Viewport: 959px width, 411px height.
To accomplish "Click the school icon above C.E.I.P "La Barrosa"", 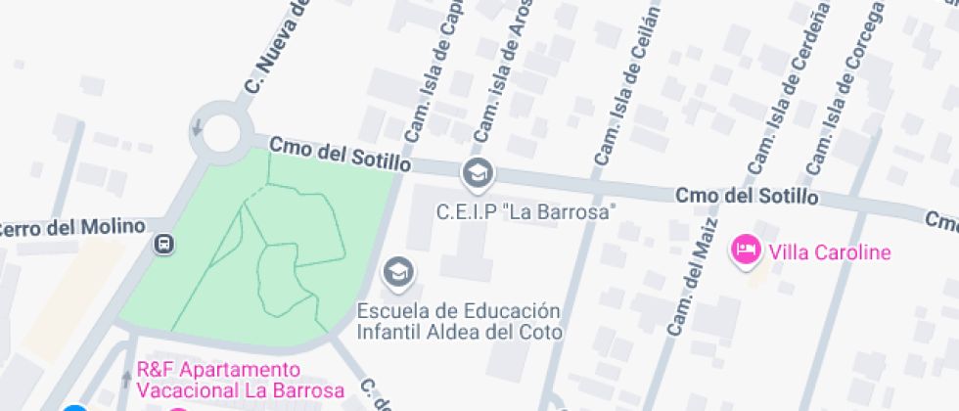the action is pyautogui.click(x=478, y=174).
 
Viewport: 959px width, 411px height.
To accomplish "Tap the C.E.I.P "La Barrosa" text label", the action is pyautogui.click(x=525, y=211).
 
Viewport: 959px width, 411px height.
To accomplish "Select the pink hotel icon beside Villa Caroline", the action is pyautogui.click(x=747, y=250).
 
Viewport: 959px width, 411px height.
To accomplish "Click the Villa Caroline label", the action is pyautogui.click(x=830, y=252).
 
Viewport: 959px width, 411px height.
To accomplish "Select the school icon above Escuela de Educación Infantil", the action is pyautogui.click(x=398, y=272).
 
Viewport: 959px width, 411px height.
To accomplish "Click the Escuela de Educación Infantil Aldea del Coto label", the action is pyautogui.click(x=459, y=321).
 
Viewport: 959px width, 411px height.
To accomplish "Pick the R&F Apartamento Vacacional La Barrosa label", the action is pyautogui.click(x=241, y=381).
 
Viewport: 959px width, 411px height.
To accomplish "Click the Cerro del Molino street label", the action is pyautogui.click(x=71, y=228).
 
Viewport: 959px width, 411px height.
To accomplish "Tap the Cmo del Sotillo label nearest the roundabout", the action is pyautogui.click(x=340, y=154).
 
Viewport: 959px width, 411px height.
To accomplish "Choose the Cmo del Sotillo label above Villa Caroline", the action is pyautogui.click(x=746, y=196).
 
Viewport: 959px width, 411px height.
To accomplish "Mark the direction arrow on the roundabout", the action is pyautogui.click(x=198, y=127).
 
